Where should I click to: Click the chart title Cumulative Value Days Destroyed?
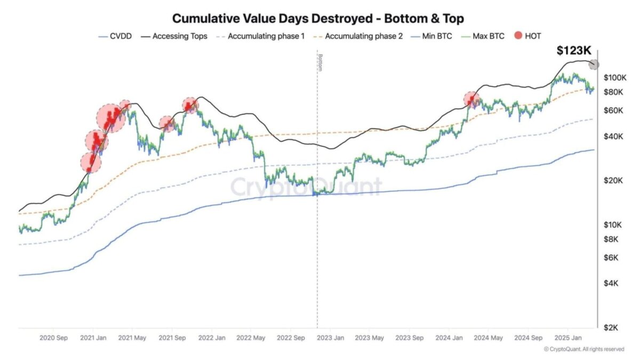pyautogui.click(x=318, y=18)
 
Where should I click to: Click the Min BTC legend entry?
pyautogui.click(x=434, y=36)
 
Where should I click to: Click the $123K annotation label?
pyautogui.click(x=574, y=51)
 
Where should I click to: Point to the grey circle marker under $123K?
pyautogui.click(x=594, y=65)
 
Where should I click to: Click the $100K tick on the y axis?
pyautogui.click(x=614, y=78)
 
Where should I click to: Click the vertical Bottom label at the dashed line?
pyautogui.click(x=320, y=62)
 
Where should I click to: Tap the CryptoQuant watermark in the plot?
pyautogui.click(x=306, y=187)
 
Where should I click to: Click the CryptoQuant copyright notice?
pyautogui.click(x=583, y=349)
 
